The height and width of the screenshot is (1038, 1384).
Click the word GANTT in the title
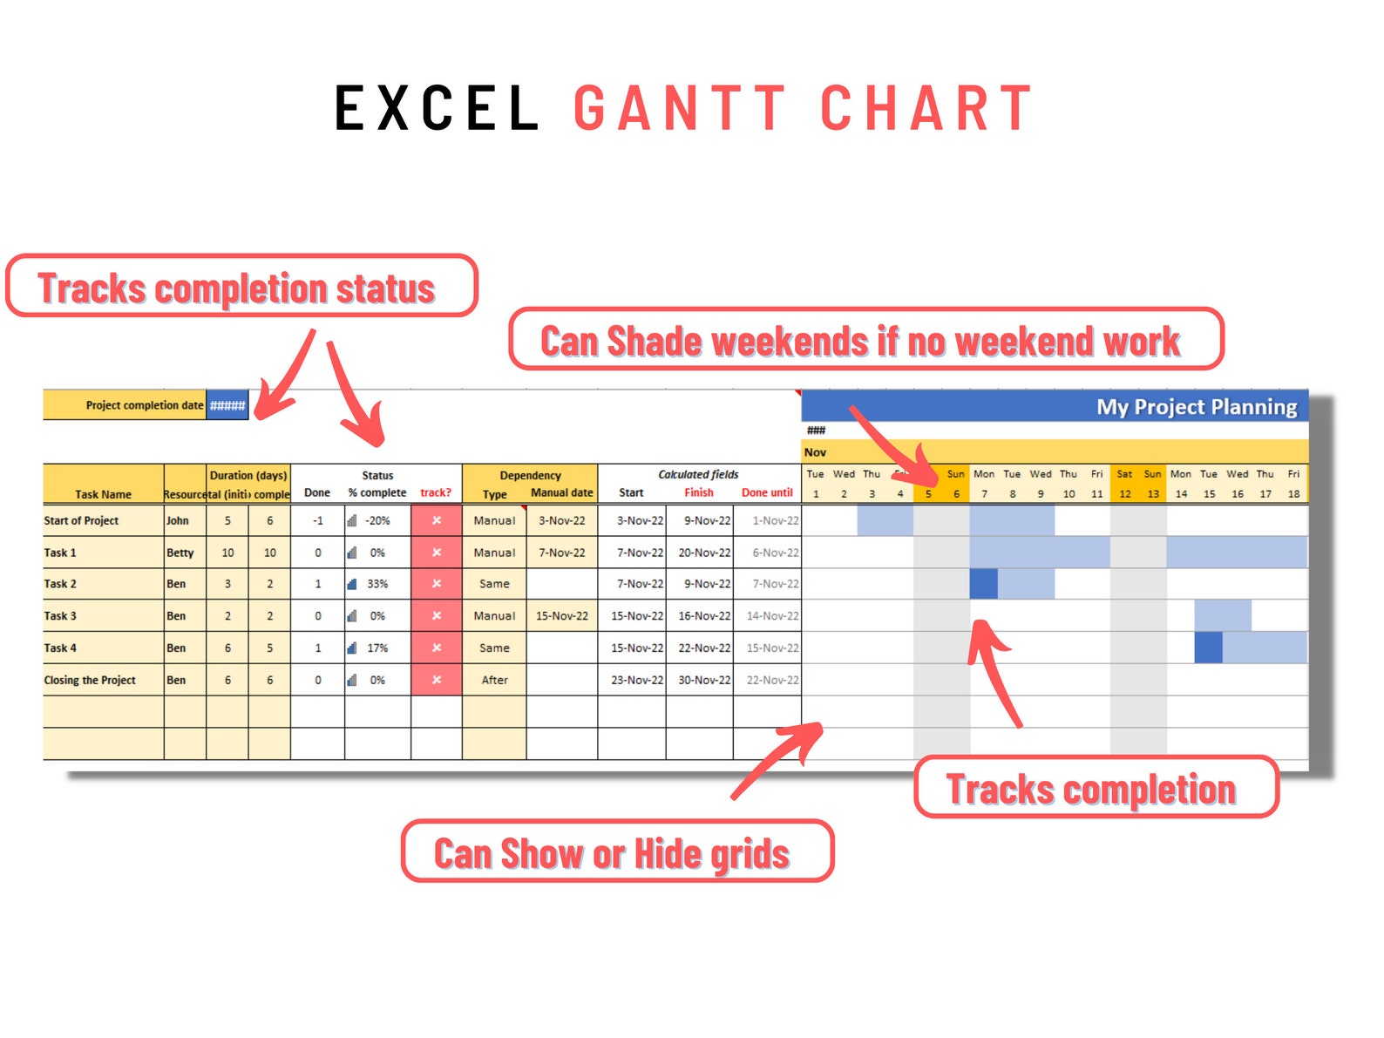[680, 109]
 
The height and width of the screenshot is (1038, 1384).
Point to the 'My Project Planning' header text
[1196, 407]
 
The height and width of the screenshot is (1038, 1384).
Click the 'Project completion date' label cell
[144, 405]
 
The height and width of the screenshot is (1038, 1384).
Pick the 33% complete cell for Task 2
[377, 584]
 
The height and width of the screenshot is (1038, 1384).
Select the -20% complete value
[377, 520]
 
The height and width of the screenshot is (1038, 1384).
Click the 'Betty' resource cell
[180, 553]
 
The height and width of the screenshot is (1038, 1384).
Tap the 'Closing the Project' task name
[90, 680]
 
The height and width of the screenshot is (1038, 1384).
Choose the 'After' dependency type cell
[494, 680]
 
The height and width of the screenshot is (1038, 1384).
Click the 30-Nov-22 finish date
[704, 680]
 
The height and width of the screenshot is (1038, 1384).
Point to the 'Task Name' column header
[103, 494]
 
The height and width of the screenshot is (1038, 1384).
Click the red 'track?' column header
[436, 492]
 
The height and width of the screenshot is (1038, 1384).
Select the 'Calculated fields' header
[698, 475]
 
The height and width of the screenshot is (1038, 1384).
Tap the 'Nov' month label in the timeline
[815, 452]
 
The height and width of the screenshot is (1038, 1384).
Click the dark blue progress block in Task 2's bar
[984, 584]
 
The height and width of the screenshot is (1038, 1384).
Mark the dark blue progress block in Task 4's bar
[1208, 648]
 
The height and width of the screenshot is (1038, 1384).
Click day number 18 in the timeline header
[1293, 494]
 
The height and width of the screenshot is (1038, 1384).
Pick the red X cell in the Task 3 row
[437, 615]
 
